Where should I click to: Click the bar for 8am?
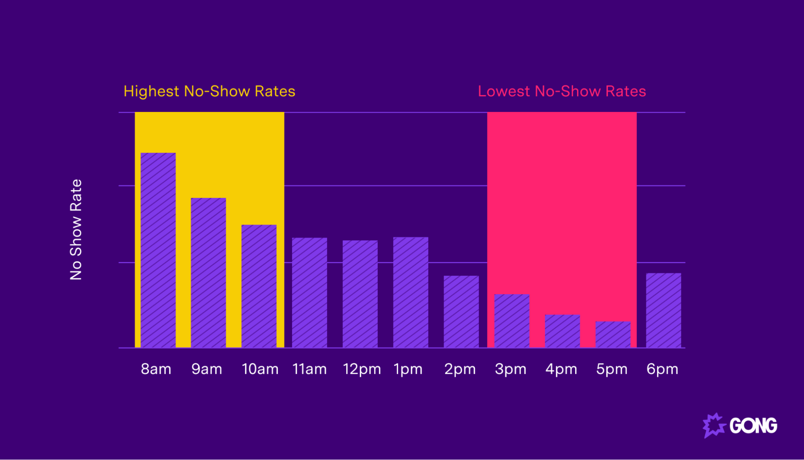pos(158,250)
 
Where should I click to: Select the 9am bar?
pos(208,272)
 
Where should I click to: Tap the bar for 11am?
pos(309,293)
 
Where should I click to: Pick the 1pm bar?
pos(411,292)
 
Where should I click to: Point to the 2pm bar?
pos(461,311)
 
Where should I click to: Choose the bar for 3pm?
pos(512,321)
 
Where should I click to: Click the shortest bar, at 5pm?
pos(613,334)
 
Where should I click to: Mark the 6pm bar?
pos(663,310)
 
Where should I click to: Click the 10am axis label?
pos(260,369)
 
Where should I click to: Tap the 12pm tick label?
pos(362,369)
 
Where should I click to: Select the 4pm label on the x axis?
pos(561,369)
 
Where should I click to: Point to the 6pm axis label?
pos(662,369)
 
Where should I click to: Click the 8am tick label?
pos(156,369)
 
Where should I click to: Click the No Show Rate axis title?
pos(76,229)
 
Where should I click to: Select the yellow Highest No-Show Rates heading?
pos(209,91)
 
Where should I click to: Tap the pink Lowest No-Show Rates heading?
pos(561,91)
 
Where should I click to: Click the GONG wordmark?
pos(753,426)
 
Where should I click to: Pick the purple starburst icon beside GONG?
pos(714,425)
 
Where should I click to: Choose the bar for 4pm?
pos(562,331)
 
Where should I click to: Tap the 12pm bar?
pos(360,294)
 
